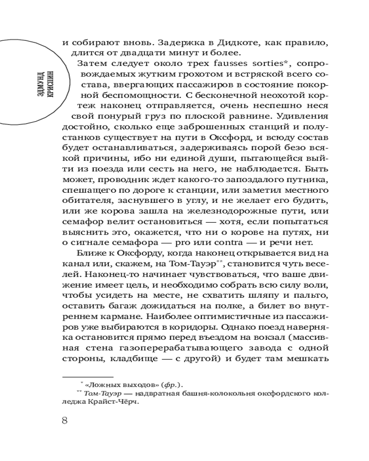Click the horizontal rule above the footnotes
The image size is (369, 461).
(x=88, y=376)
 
